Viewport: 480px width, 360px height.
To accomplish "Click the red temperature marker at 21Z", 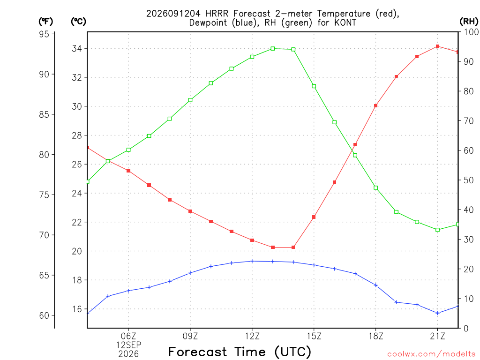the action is [437, 46].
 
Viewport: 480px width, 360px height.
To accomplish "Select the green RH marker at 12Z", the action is [252, 57].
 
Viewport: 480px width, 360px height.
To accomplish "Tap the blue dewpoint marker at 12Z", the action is [252, 261].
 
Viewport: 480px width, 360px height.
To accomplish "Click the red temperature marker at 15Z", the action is [314, 217].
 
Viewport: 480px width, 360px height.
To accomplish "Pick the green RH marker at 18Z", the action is [376, 187].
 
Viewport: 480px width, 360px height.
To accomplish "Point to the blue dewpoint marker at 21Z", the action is [437, 313].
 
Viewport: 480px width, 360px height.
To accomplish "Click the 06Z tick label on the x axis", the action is [128, 336].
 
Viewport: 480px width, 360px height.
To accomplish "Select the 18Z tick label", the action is [376, 336].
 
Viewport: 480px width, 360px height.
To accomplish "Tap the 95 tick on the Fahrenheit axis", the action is [44, 34].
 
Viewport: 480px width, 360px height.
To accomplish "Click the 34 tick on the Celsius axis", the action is [77, 48].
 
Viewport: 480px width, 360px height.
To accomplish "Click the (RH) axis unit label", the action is [469, 21].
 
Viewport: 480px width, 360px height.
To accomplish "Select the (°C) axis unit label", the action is [78, 21].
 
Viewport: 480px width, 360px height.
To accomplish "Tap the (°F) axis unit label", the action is [45, 21].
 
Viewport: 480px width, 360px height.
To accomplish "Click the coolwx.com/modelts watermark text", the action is [431, 354].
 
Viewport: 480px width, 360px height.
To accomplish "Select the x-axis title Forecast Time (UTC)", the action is [240, 352].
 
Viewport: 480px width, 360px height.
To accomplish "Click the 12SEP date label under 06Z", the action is [128, 345].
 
